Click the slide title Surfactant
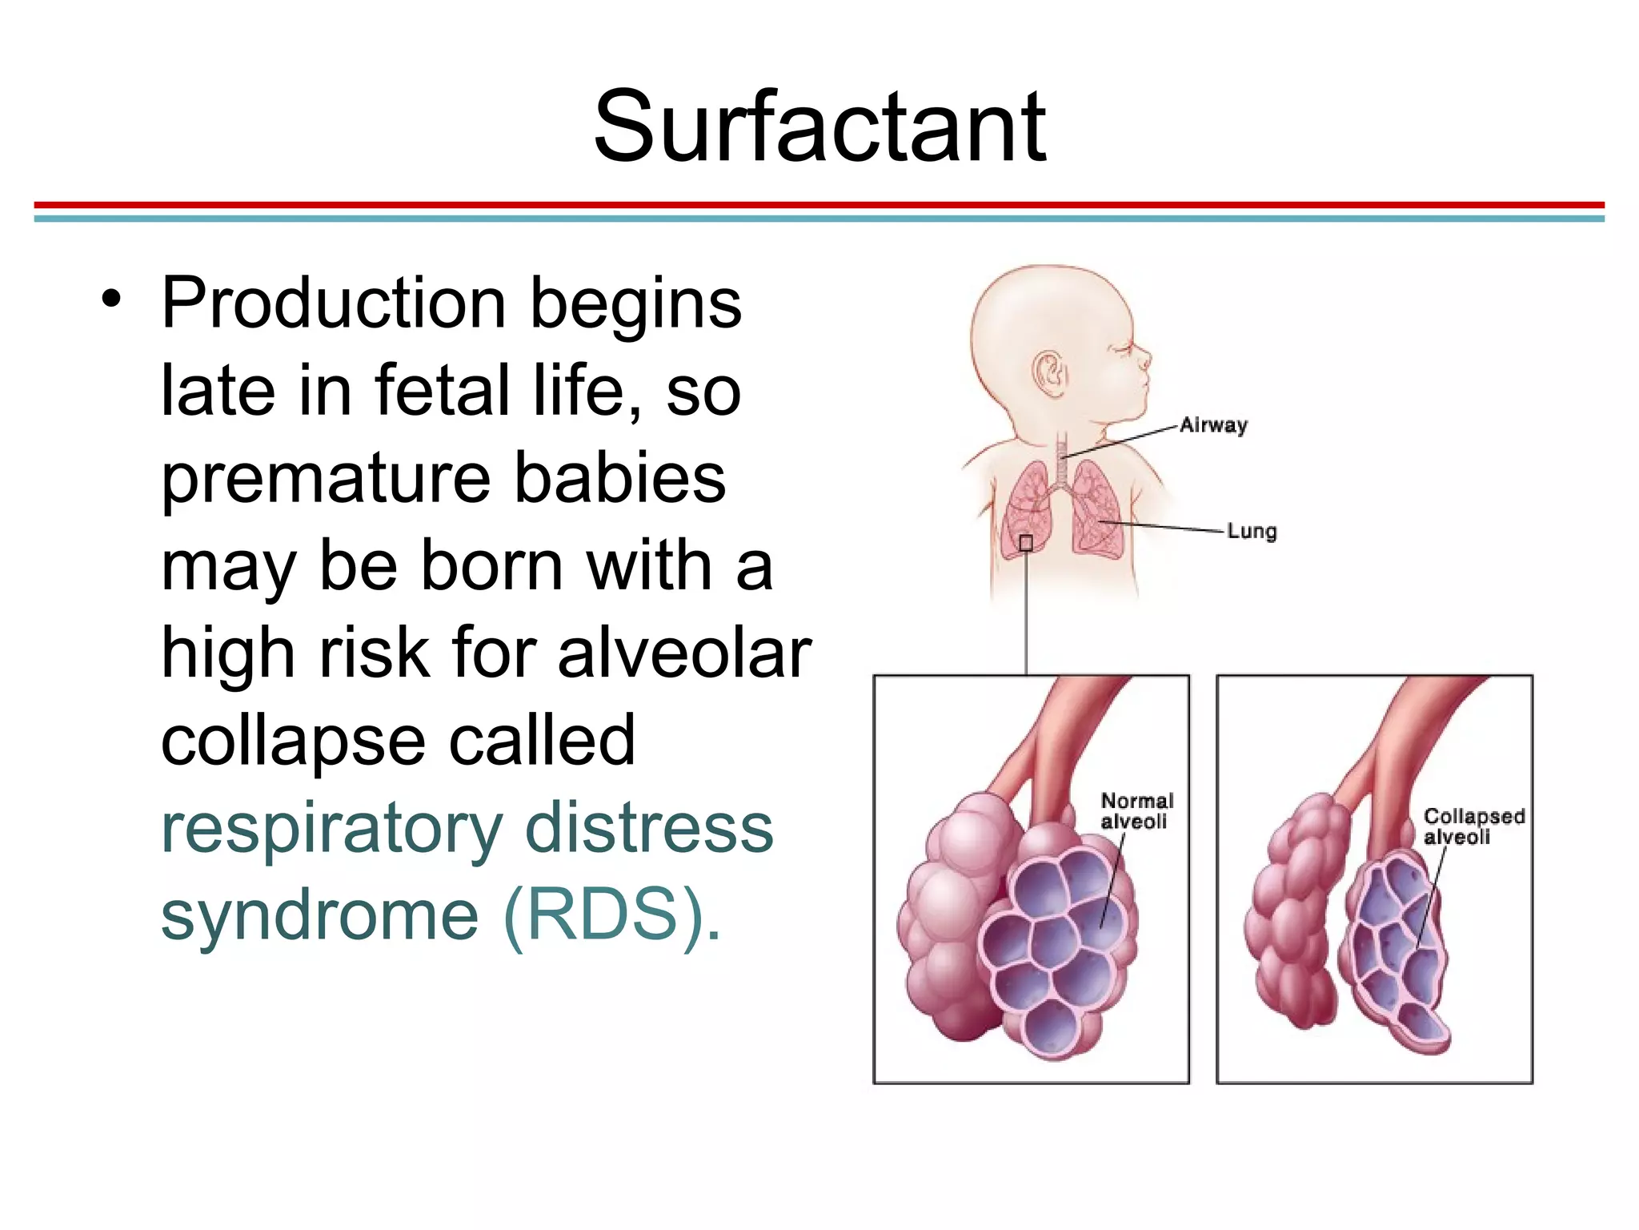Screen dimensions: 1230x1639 [819, 127]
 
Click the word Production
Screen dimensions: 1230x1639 [333, 304]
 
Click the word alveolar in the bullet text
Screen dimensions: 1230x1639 [684, 652]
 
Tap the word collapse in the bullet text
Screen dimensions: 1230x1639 [293, 742]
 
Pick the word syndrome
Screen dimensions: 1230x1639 [319, 918]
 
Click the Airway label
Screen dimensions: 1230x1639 [1213, 425]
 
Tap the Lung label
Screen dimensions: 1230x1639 [1252, 531]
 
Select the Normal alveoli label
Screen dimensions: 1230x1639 [1136, 810]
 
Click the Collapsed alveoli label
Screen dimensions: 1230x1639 [1473, 826]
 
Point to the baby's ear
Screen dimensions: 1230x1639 [1049, 373]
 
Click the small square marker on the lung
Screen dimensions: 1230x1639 [1026, 544]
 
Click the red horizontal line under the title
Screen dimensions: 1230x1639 [819, 205]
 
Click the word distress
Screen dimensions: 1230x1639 [649, 828]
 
